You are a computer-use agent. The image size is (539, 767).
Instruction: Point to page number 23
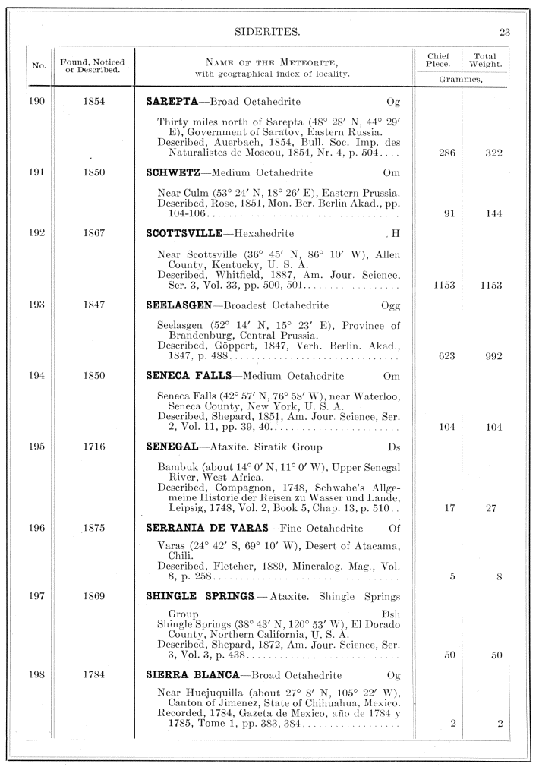[x=505, y=31]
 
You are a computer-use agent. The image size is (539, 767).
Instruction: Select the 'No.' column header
[x=39, y=66]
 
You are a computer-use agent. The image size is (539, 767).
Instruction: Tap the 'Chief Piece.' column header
[x=438, y=60]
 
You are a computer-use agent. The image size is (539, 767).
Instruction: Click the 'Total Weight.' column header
[x=485, y=60]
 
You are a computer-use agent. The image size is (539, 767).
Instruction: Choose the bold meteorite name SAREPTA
[x=173, y=101]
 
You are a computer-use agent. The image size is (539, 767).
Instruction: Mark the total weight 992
[x=494, y=355]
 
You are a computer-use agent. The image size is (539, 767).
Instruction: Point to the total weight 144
[x=494, y=213]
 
